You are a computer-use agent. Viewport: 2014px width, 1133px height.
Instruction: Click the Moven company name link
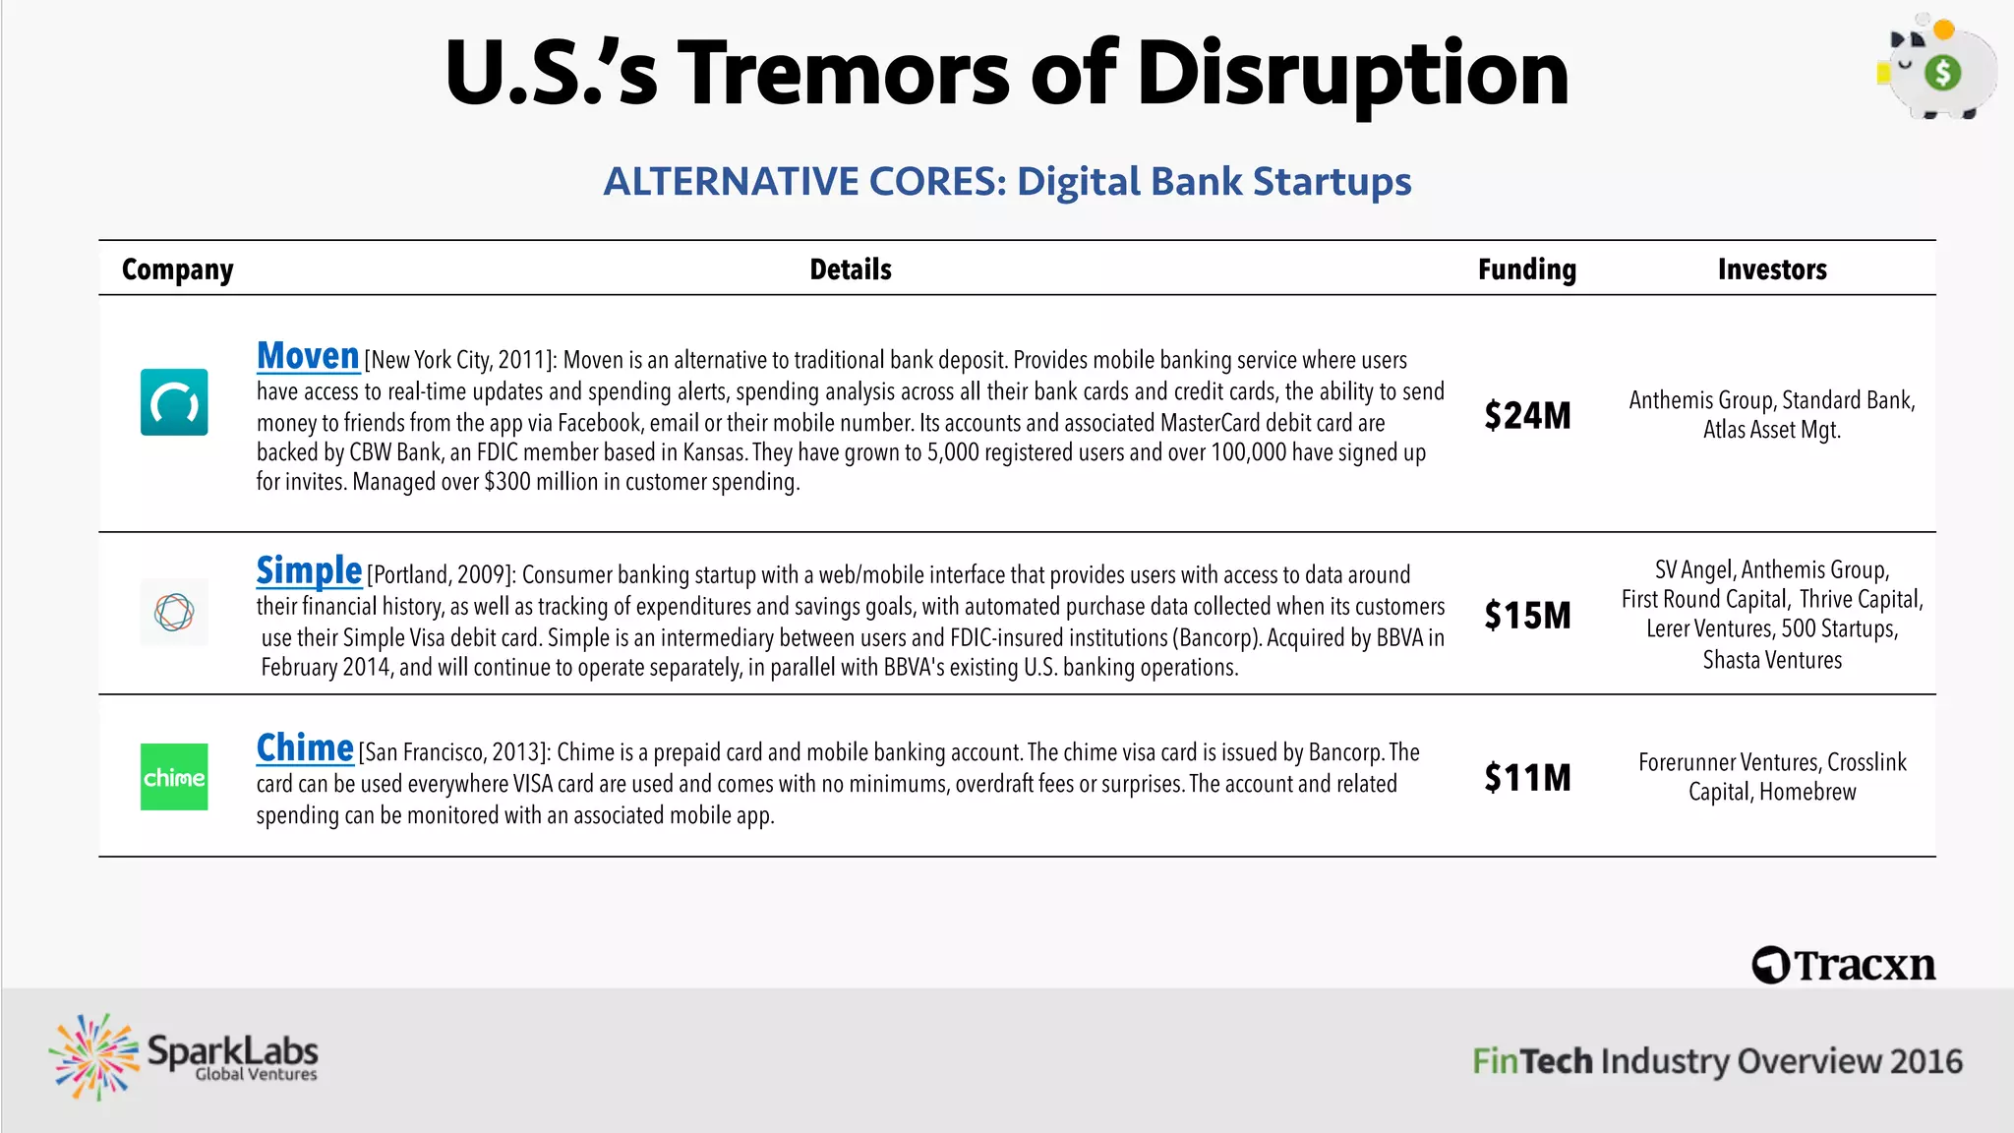tap(308, 356)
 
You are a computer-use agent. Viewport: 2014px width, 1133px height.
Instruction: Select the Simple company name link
tap(309, 570)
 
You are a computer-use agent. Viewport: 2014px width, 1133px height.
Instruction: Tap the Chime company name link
tap(305, 747)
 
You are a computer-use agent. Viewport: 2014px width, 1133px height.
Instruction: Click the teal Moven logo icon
tap(174, 402)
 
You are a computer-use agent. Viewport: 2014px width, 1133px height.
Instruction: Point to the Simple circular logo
tap(174, 612)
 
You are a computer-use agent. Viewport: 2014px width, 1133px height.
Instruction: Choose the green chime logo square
tap(174, 777)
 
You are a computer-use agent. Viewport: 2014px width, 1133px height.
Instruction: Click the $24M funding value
tap(1527, 416)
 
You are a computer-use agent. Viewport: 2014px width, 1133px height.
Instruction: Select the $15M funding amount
tap(1527, 616)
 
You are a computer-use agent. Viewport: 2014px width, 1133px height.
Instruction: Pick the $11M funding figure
tap(1527, 778)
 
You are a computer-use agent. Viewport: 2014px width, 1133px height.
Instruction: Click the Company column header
tap(178, 269)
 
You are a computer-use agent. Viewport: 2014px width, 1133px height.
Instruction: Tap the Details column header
tap(851, 269)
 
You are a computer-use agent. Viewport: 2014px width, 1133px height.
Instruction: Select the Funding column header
tap(1527, 269)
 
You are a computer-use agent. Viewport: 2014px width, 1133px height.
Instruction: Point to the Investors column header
tap(1772, 269)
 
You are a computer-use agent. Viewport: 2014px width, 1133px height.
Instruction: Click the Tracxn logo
tap(1844, 965)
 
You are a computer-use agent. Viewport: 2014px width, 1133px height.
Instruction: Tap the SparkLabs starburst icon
tap(94, 1057)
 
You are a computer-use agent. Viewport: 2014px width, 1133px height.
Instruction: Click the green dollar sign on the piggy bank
tap(1942, 72)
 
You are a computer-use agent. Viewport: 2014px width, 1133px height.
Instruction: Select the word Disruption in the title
tap(1352, 74)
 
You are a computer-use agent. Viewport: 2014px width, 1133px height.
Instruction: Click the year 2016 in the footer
tap(1925, 1061)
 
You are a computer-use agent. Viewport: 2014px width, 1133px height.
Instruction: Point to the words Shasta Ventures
tap(1772, 660)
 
